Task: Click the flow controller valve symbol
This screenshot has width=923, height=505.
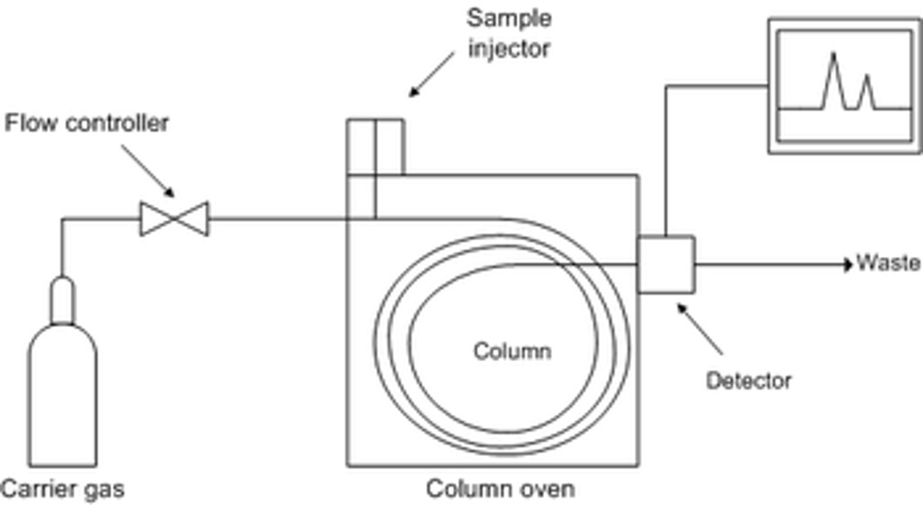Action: [174, 219]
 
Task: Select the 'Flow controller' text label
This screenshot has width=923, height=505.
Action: [87, 123]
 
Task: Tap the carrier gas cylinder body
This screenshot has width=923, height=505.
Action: [63, 397]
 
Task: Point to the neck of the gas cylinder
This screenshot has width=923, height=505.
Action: [62, 300]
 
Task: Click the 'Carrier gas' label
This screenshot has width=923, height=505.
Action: [63, 490]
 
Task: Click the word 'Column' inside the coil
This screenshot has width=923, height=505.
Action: [511, 351]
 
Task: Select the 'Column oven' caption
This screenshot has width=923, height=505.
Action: [501, 489]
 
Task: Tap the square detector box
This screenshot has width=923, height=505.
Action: [666, 264]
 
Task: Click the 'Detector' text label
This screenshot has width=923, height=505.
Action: [748, 381]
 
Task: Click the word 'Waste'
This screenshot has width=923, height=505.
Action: [889, 263]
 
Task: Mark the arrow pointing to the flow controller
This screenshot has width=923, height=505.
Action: [148, 170]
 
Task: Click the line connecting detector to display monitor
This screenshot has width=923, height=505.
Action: [666, 160]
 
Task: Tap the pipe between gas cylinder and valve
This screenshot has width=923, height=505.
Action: [96, 220]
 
